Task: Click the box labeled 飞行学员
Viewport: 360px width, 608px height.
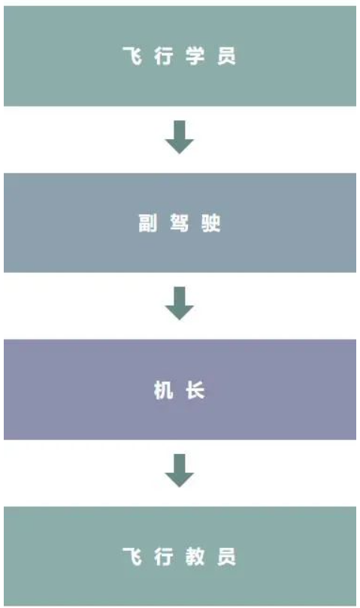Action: pyautogui.click(x=180, y=56)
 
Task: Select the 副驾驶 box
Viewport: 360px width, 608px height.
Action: pyautogui.click(x=180, y=222)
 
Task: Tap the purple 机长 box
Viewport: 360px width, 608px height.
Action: pyautogui.click(x=180, y=389)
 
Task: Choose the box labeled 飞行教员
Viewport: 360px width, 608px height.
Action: pyautogui.click(x=180, y=555)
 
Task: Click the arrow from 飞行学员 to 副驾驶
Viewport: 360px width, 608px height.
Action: pyautogui.click(x=179, y=138)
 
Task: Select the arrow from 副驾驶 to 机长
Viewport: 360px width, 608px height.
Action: pyautogui.click(x=179, y=304)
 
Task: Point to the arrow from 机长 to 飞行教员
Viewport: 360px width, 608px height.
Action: pyautogui.click(x=179, y=470)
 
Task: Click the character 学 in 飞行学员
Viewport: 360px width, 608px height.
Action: pyautogui.click(x=195, y=56)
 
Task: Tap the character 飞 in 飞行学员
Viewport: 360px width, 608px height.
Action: pyautogui.click(x=132, y=56)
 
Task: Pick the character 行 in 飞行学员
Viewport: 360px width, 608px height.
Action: pyautogui.click(x=163, y=56)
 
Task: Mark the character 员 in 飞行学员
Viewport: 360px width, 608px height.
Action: pyautogui.click(x=226, y=56)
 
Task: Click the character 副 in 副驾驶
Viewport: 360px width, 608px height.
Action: pyautogui.click(x=148, y=223)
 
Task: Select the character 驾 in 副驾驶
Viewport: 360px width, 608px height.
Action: pyautogui.click(x=179, y=223)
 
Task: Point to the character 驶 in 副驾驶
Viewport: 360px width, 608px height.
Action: pyautogui.click(x=210, y=223)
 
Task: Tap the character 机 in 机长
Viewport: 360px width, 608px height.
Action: pyautogui.click(x=163, y=390)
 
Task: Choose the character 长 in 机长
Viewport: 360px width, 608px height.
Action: pyautogui.click(x=195, y=390)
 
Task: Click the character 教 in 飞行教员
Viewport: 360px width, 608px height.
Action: pyautogui.click(x=195, y=556)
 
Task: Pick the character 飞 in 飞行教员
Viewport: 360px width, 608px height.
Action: pyautogui.click(x=132, y=556)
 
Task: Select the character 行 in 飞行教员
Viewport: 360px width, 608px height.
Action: pyautogui.click(x=163, y=556)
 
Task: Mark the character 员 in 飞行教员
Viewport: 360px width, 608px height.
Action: pyautogui.click(x=226, y=556)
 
